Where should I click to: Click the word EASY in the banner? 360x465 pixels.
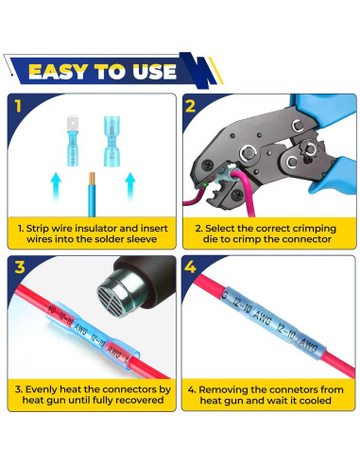pyautogui.click(x=58, y=72)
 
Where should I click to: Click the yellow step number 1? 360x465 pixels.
pyautogui.click(x=18, y=106)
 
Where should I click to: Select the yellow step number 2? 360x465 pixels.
pyautogui.click(x=190, y=107)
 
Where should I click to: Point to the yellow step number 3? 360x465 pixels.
pyautogui.click(x=20, y=267)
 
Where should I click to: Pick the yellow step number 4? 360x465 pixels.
pyautogui.click(x=190, y=267)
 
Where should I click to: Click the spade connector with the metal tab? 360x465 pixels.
pyautogui.click(x=73, y=141)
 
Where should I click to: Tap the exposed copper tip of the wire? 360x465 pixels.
pyautogui.click(x=92, y=179)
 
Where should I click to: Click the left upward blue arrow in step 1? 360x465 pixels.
pyautogui.click(x=56, y=186)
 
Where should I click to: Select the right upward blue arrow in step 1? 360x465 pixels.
pyautogui.click(x=130, y=186)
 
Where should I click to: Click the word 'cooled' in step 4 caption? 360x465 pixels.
pyautogui.click(x=316, y=401)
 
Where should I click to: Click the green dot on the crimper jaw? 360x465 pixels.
pyautogui.click(x=205, y=184)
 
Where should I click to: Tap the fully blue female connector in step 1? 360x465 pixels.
pyautogui.click(x=111, y=141)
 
